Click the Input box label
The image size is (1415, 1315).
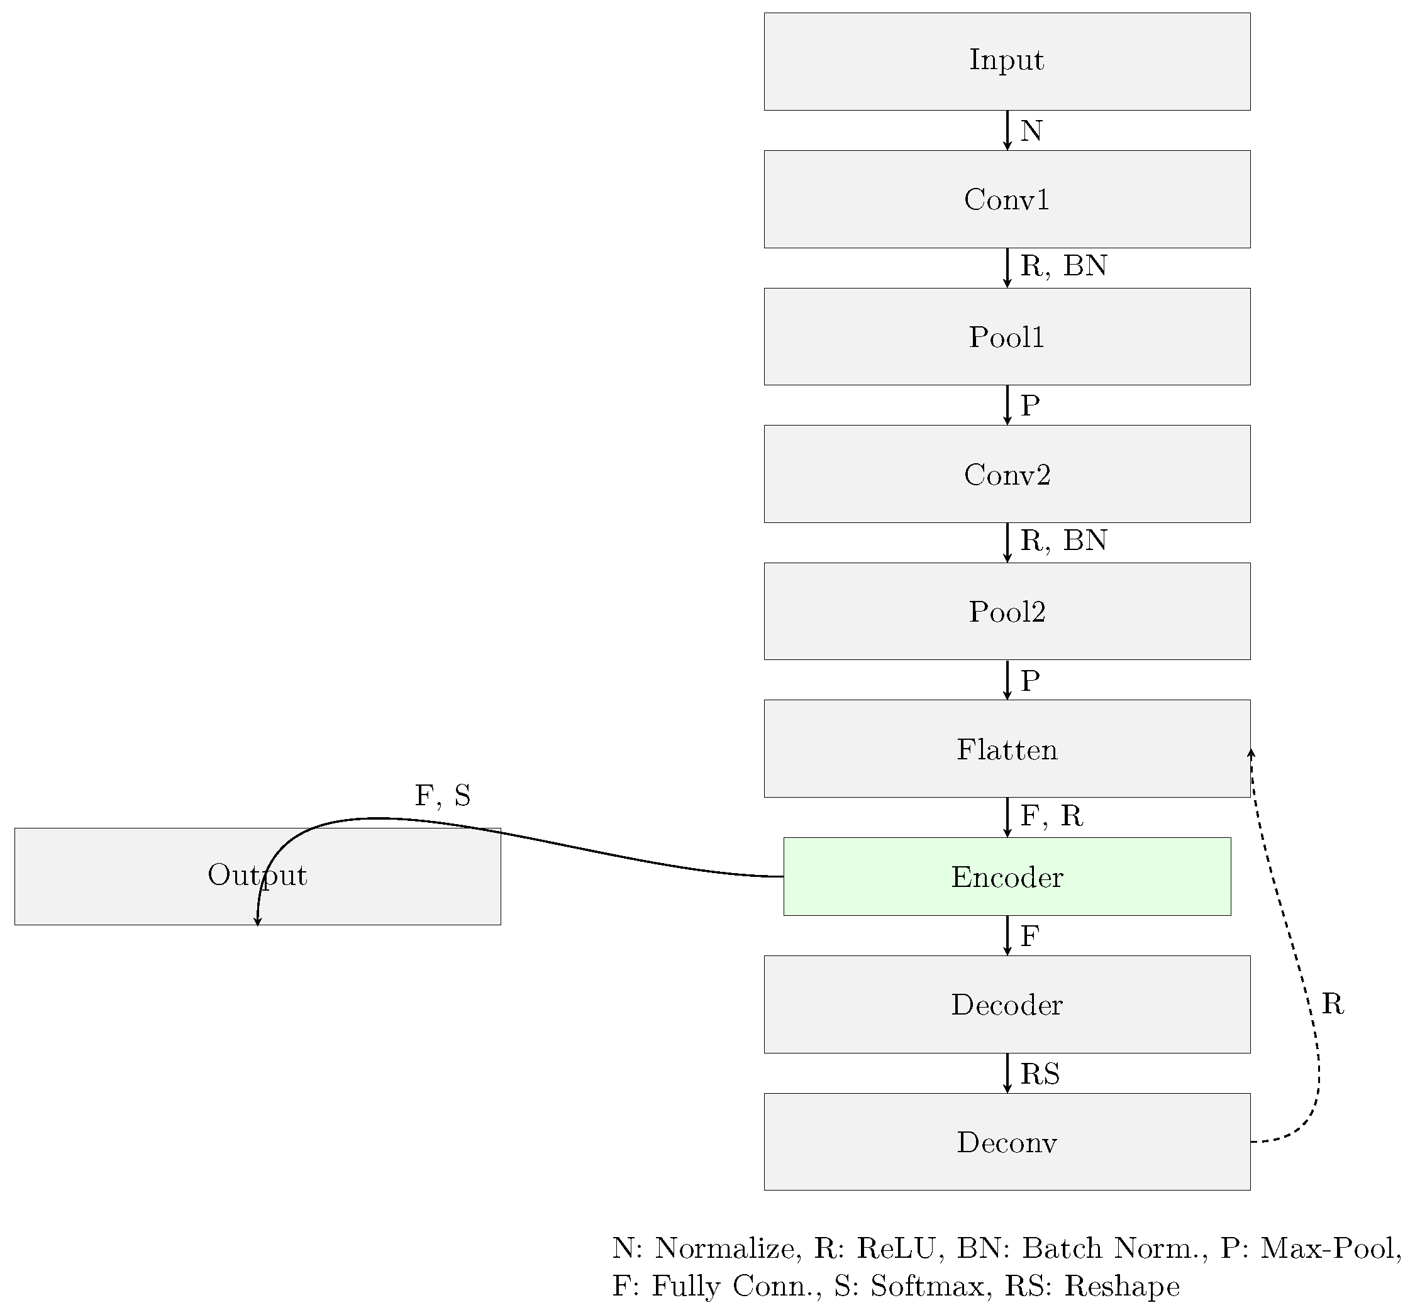click(1006, 60)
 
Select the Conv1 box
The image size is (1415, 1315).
click(1006, 199)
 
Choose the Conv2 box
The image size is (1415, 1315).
click(1006, 474)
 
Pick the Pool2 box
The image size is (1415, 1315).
click(1006, 612)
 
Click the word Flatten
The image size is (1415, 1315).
click(1006, 750)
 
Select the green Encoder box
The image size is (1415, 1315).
click(1006, 877)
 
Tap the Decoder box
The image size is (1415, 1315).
click(1006, 1004)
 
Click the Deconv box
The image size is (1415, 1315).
click(1006, 1142)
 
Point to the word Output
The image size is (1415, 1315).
click(257, 875)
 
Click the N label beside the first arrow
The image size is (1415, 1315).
click(1031, 131)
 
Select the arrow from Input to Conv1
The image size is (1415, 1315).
click(1006, 130)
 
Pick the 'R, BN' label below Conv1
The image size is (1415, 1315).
click(1063, 266)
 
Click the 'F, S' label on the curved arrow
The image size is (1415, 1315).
click(442, 796)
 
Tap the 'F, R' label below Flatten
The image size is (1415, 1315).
click(1052, 816)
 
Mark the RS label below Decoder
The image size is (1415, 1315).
click(1040, 1074)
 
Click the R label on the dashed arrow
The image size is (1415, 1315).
click(1333, 1004)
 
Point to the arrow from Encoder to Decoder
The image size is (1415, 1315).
click(1006, 935)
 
